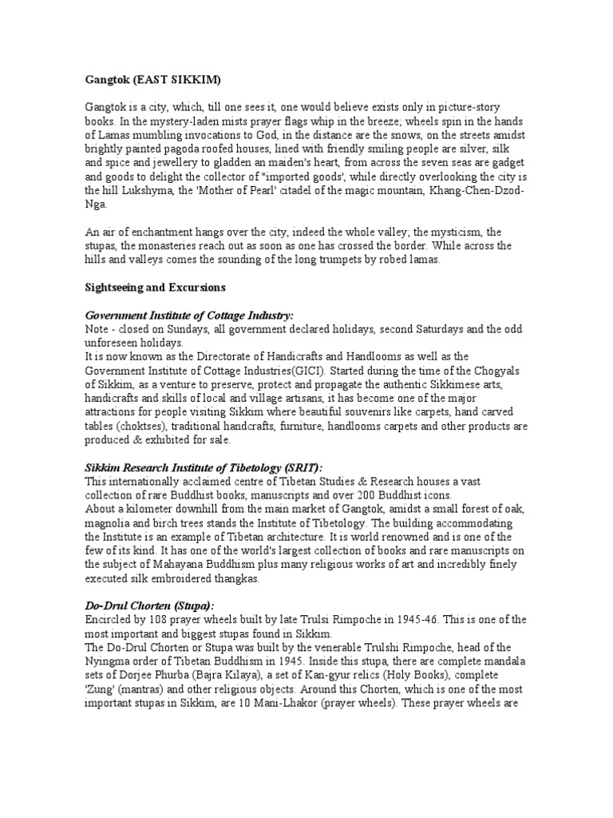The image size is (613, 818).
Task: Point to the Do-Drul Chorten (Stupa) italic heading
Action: (x=148, y=606)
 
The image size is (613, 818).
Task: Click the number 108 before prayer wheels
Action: (x=158, y=619)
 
